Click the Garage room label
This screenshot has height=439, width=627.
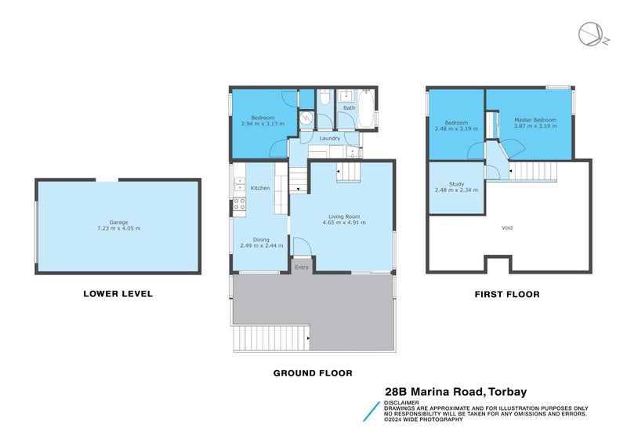118,222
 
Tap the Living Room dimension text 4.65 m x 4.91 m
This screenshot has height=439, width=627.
344,223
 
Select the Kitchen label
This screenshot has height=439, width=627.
259,188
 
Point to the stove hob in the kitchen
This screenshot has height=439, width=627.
239,205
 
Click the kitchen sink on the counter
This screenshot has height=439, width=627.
238,185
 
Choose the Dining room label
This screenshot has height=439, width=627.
260,240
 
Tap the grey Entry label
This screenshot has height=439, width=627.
302,267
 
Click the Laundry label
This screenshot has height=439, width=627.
329,139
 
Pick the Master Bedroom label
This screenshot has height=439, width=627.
535,120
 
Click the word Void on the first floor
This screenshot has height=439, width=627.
507,228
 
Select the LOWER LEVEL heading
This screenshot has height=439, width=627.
118,295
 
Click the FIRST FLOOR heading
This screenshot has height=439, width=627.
506,295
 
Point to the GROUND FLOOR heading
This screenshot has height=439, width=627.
312,373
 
